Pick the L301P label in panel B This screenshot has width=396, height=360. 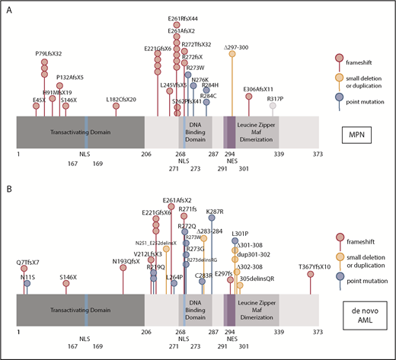pyautogui.click(x=240, y=232)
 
